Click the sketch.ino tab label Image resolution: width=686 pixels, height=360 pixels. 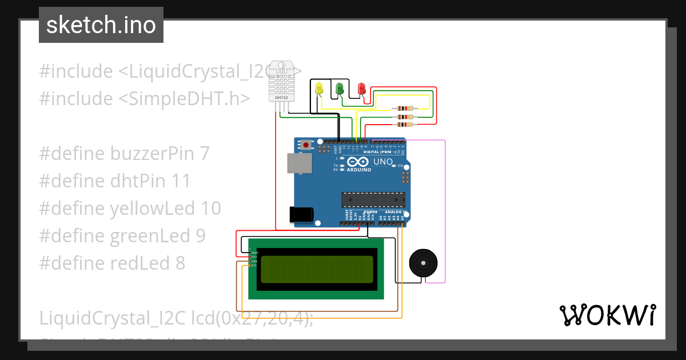tap(101, 25)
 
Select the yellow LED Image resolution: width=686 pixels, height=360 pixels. tap(319, 88)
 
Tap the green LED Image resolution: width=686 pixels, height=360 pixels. tap(340, 89)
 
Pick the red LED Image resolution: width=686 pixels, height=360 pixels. tap(361, 89)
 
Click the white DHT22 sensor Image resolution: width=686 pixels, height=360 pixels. tap(282, 81)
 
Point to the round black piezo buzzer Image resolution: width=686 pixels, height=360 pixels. tap(424, 263)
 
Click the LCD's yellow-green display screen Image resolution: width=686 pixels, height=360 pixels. tap(317, 270)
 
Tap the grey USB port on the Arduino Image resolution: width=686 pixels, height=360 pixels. tap(300, 163)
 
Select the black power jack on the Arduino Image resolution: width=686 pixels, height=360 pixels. tap(301, 214)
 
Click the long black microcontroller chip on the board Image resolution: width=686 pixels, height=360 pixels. tap(373, 199)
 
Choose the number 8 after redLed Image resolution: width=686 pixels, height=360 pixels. tap(181, 263)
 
